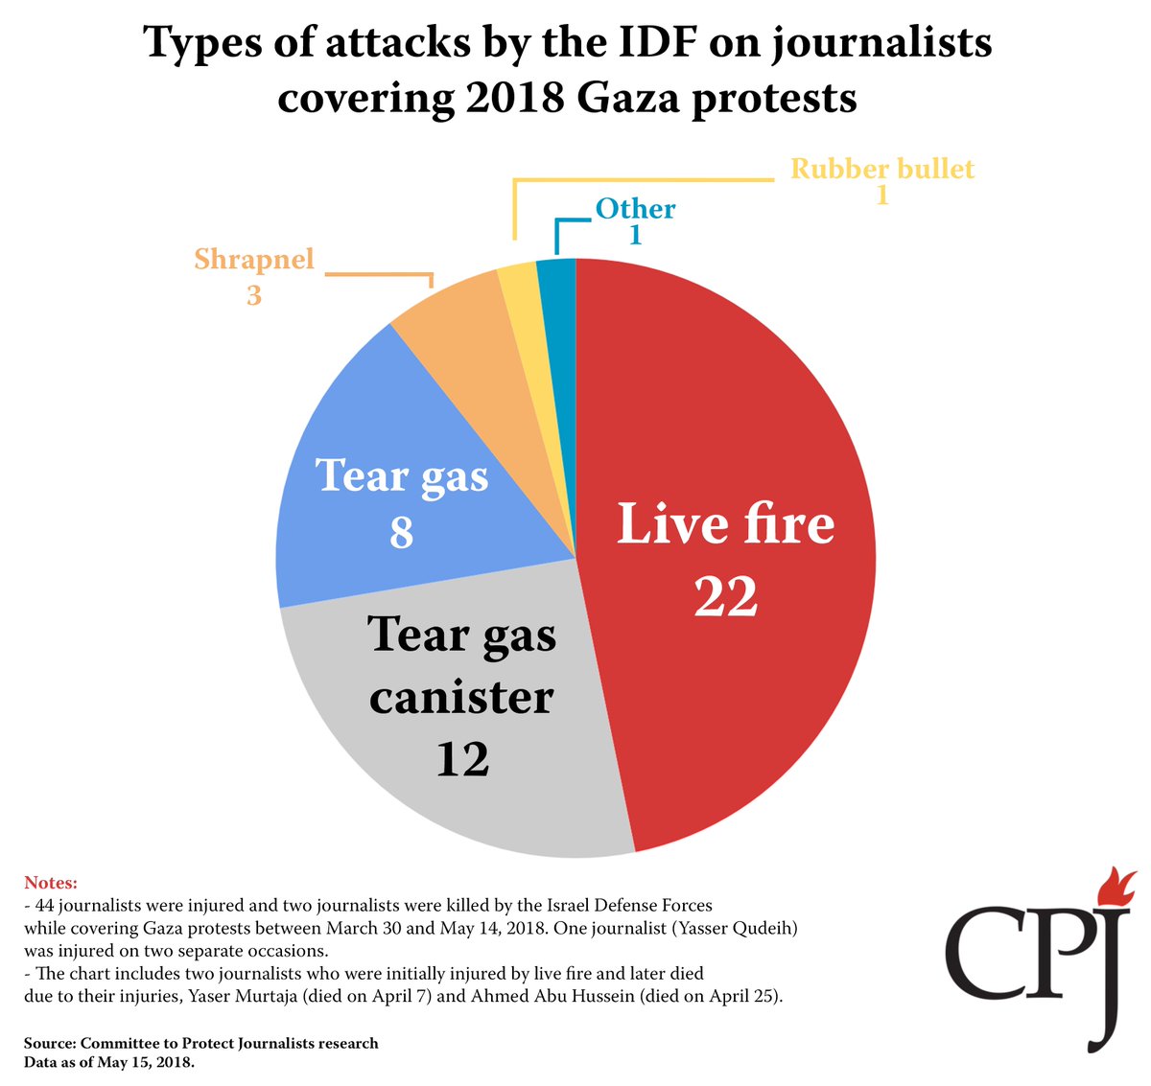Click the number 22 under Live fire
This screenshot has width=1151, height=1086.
(726, 596)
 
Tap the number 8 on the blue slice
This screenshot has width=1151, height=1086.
(401, 533)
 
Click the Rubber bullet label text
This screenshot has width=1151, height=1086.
(881, 170)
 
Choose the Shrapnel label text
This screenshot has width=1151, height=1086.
(254, 259)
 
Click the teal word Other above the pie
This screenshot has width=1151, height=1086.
(635, 209)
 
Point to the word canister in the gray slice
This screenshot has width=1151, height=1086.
(461, 697)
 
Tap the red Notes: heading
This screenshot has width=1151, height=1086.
(51, 882)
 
